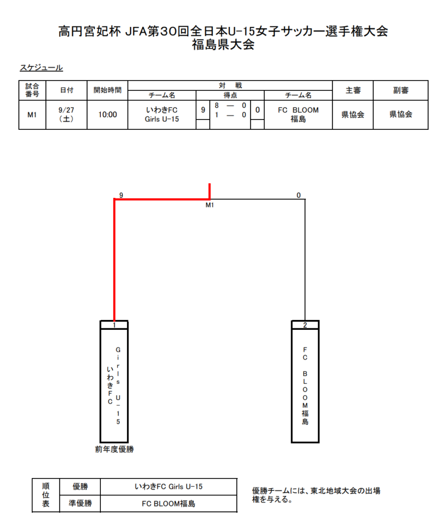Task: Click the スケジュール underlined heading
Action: [x=41, y=68]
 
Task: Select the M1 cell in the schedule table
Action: [x=32, y=115]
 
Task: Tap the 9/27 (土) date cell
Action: [x=66, y=114]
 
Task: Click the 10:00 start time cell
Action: [x=107, y=115]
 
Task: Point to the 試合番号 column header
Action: [x=32, y=90]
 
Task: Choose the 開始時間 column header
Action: [x=107, y=90]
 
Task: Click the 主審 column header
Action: [x=353, y=90]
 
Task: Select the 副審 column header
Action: [x=400, y=90]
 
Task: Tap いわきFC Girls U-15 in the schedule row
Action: [x=162, y=114]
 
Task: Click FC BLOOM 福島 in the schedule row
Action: [x=298, y=114]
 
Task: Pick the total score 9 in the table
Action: [x=203, y=110]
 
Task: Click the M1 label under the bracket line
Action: [x=210, y=205]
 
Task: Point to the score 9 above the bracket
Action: [x=121, y=195]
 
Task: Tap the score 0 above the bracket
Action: [x=299, y=195]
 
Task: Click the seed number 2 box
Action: [x=305, y=325]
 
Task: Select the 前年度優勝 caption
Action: [x=114, y=449]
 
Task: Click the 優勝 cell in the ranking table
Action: [x=80, y=486]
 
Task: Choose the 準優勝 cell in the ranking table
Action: [x=80, y=503]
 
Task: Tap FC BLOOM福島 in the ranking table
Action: [x=168, y=503]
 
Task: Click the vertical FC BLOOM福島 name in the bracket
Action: [x=305, y=385]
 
